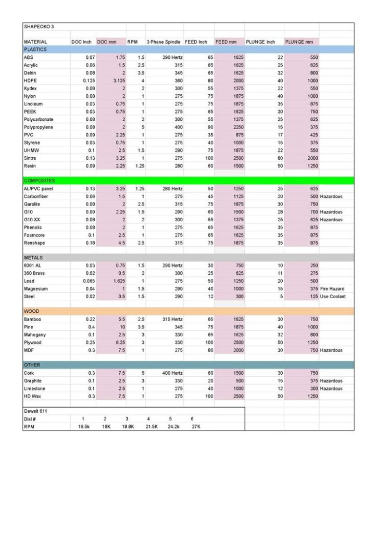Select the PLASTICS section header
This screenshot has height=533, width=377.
pos(35,49)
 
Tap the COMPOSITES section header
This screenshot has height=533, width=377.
pos(40,181)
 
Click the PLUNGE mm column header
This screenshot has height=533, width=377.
pos(298,42)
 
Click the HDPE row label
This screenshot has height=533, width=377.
pos(30,81)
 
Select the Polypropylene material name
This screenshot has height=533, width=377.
pos(39,127)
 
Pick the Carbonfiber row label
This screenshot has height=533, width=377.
pos(36,197)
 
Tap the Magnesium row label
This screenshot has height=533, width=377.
pos(36,289)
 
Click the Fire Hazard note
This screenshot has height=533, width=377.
pos(332,289)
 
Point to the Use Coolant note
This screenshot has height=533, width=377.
pos(333,297)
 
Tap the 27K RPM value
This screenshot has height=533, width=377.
pos(196,426)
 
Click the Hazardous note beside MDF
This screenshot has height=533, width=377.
pos(331,350)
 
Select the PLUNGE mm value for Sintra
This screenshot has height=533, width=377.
pos(309,158)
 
